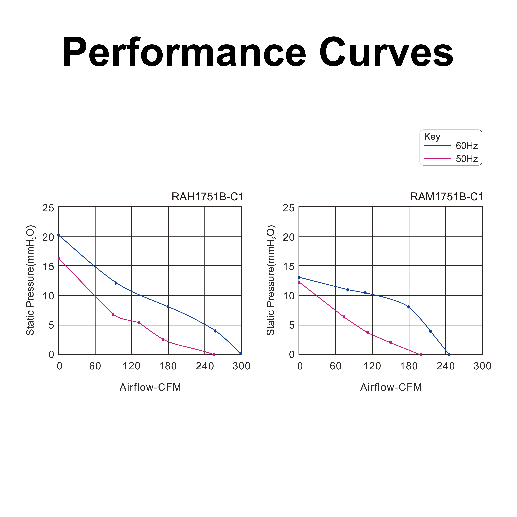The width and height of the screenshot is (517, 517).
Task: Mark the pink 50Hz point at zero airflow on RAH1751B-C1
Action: coord(59,258)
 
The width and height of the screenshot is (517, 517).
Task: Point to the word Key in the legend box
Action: coord(432,137)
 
